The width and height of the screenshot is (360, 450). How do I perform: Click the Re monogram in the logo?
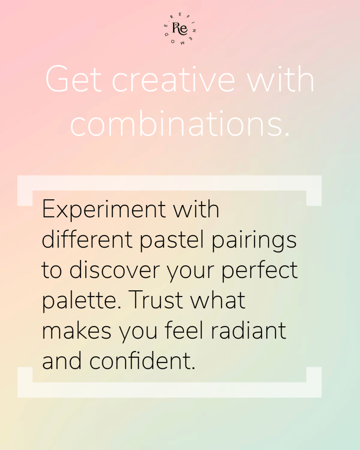180,29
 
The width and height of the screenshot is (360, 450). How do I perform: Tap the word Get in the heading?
73,79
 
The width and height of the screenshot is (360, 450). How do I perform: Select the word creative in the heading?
173,79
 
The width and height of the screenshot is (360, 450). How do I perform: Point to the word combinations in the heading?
180,123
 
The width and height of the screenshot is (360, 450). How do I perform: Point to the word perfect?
260,271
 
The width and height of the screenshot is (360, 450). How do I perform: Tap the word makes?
77,330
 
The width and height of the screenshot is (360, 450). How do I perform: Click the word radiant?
249,330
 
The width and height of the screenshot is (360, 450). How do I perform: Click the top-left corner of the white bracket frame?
18,176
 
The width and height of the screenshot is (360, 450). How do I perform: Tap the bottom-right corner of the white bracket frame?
322,398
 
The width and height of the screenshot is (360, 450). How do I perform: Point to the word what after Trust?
217,300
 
